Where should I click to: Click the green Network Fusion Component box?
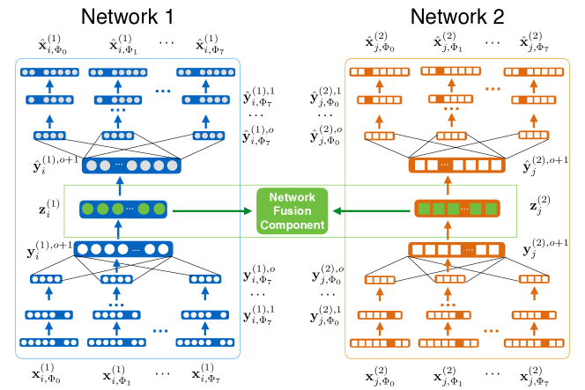292,211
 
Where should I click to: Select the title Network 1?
127,17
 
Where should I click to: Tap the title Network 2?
457,17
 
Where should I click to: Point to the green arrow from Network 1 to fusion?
212,211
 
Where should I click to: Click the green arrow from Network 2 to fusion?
371,211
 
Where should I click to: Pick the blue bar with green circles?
123,210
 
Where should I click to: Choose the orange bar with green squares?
457,209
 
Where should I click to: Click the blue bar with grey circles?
131,166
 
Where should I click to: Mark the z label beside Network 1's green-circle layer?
49,209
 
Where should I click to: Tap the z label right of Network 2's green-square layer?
540,205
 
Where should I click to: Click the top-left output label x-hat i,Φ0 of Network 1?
53,45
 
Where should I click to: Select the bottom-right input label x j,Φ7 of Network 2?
534,376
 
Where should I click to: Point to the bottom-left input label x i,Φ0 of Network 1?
47,373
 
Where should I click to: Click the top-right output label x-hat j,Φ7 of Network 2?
534,41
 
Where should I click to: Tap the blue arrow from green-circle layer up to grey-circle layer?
120,186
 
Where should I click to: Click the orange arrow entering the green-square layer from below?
448,229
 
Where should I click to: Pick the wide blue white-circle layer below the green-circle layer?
123,249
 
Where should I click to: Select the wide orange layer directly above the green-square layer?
457,166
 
